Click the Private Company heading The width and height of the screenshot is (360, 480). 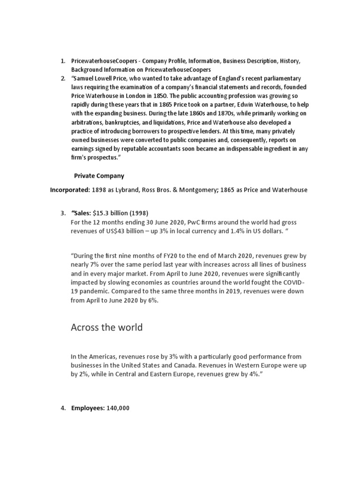(99, 176)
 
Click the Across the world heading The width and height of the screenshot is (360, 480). (106, 327)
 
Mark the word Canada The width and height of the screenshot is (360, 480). (209, 366)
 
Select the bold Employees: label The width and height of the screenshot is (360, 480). (88, 408)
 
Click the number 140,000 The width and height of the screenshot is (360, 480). (118, 408)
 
